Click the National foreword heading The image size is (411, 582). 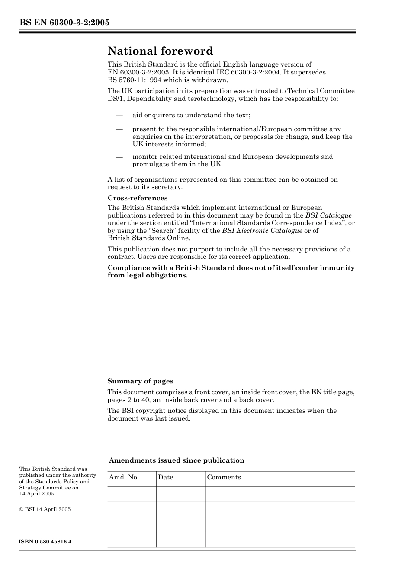tap(160, 51)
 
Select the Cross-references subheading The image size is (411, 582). tap(138, 198)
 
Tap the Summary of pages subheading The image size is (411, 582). tap(140, 381)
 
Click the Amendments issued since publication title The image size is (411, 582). tap(177, 460)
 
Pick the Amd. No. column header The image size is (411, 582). tap(124, 477)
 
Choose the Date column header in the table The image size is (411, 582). tap(165, 477)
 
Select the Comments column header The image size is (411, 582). tap(224, 477)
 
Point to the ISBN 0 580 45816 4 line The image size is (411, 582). tap(45, 542)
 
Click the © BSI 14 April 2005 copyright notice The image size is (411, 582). tap(45, 509)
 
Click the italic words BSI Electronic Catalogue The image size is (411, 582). tap(262, 231)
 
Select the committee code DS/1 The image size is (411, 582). tap(116, 99)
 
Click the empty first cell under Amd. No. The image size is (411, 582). tap(132, 494)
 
